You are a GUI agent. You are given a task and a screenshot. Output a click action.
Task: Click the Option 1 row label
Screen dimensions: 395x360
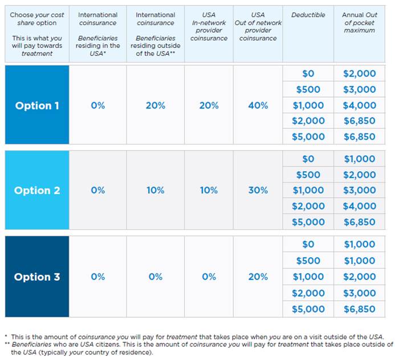[37, 106]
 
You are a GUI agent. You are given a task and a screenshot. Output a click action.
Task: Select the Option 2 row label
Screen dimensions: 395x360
[37, 191]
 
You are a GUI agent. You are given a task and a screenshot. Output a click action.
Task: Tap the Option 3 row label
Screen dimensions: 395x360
[37, 277]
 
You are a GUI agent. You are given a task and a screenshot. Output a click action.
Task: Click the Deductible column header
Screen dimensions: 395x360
[308, 15]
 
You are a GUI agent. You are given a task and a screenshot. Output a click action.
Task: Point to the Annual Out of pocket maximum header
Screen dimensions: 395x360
[360, 22]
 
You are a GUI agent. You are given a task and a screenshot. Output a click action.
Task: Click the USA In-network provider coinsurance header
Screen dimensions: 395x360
[209, 26]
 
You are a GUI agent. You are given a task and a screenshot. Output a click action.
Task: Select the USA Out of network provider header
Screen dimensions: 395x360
[258, 26]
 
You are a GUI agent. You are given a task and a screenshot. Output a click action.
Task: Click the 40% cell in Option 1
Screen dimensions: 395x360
[258, 106]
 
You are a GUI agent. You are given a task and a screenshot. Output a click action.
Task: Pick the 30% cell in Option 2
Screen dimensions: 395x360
[258, 191]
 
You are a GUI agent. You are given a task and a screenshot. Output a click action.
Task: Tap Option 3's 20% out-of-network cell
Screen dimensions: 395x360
[258, 277]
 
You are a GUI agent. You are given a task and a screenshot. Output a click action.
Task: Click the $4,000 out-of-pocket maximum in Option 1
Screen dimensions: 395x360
[360, 106]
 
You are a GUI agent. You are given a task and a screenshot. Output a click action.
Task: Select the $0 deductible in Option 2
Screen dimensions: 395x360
[308, 159]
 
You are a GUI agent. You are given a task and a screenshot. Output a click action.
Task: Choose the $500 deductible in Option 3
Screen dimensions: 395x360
[308, 260]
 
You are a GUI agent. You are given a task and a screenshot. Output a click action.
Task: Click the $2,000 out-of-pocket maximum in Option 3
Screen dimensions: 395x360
[360, 277]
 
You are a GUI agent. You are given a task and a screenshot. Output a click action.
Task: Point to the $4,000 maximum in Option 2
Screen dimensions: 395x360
[360, 206]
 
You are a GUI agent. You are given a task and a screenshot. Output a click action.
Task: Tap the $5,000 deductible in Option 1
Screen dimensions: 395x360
[308, 136]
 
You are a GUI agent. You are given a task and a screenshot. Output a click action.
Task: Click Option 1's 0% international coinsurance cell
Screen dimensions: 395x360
[98, 106]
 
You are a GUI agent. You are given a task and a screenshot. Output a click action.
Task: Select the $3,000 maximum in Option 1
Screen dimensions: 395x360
[360, 90]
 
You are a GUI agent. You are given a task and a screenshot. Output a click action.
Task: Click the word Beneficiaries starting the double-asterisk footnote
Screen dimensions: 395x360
[31, 345]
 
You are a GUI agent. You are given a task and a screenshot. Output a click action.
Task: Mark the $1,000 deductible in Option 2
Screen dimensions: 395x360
[308, 191]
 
